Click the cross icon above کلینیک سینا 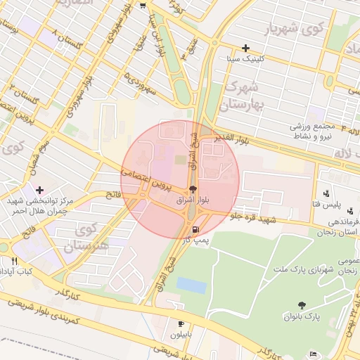coord(245,49)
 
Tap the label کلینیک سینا coord(245,59)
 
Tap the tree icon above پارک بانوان coord(302,305)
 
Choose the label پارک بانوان coord(303,316)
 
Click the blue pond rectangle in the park coord(191,285)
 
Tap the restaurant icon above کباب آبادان coord(14,261)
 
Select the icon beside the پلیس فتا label coord(326,193)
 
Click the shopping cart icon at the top coord(143,6)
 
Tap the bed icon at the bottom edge coord(314,353)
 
